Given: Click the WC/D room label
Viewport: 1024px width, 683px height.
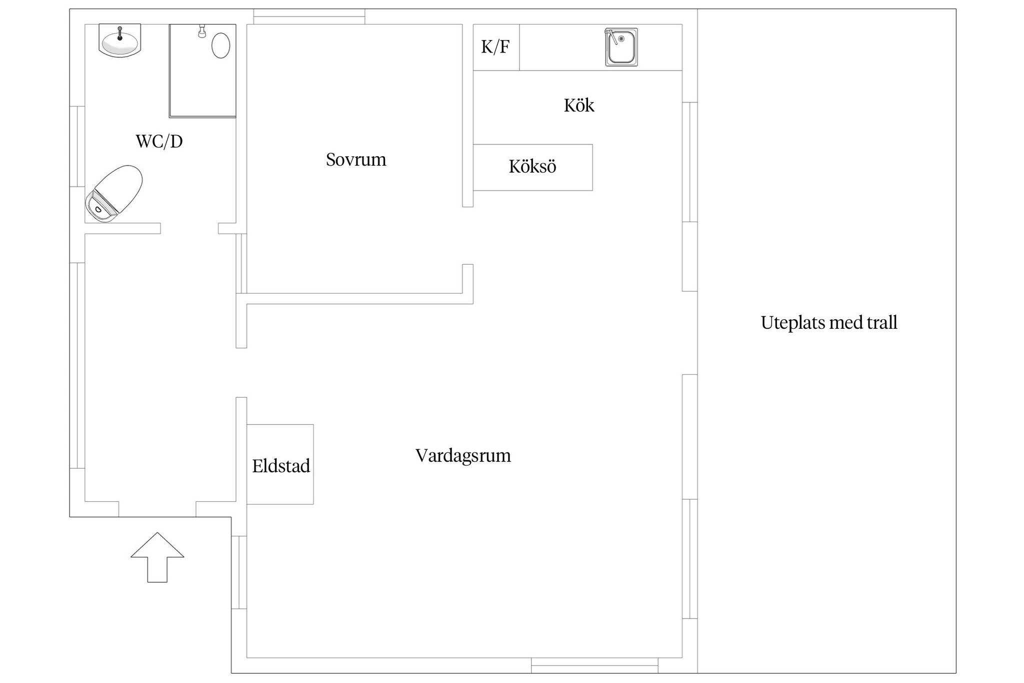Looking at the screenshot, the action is [x=159, y=142].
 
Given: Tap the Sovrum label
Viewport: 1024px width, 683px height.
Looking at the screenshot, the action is [x=356, y=160].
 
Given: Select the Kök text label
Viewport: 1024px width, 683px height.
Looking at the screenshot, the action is [x=579, y=105].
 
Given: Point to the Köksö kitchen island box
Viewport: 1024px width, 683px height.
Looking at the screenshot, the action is [x=532, y=167].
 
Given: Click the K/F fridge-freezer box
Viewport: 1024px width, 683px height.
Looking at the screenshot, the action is [x=496, y=47].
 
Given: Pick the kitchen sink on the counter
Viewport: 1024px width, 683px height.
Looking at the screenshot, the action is [x=621, y=47].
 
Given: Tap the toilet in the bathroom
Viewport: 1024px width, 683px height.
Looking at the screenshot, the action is [x=113, y=193].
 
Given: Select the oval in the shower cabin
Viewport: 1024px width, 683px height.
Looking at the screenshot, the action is [x=220, y=46].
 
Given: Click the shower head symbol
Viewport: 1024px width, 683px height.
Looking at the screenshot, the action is [x=202, y=31].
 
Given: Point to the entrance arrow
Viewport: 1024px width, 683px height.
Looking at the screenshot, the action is [x=157, y=557].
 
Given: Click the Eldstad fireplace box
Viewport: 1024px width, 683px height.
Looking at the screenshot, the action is [x=280, y=464].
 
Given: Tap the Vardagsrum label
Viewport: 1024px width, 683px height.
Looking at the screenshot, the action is [x=463, y=456].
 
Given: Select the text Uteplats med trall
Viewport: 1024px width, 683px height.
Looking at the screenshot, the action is [x=829, y=323].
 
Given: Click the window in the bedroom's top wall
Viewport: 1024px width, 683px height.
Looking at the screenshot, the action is [x=309, y=17].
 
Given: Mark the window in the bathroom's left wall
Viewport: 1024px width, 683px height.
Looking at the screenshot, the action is [x=77, y=146].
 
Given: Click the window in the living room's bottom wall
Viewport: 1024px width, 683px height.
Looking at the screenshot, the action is [x=594, y=665].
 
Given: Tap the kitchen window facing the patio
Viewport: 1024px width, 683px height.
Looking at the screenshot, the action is [x=690, y=162].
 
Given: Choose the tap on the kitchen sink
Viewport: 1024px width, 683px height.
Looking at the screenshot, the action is [x=611, y=37].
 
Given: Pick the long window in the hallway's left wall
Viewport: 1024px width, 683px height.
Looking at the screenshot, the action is [x=77, y=365].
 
